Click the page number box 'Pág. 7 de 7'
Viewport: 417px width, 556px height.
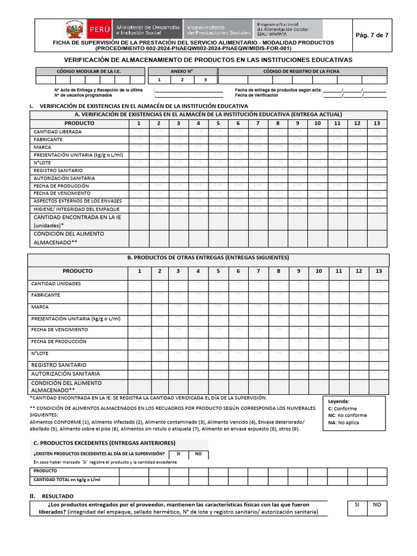tap(371, 35)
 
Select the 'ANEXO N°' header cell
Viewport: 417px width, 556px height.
tap(182, 71)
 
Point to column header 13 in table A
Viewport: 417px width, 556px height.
tap(377, 123)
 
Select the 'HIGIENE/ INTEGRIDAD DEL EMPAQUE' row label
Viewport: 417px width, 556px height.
tap(77, 209)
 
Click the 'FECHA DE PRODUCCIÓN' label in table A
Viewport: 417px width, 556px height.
tap(61, 186)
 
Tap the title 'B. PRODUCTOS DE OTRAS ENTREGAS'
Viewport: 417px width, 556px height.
tap(208, 257)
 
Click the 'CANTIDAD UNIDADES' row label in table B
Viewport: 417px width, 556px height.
tap(56, 284)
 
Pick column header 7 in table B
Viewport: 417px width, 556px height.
tap(258, 271)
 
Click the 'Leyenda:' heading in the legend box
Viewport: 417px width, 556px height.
tap(339, 401)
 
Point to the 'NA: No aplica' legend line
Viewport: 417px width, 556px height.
tap(344, 422)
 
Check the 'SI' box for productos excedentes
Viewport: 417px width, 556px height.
tap(178, 454)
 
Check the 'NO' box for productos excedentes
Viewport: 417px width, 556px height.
tap(198, 454)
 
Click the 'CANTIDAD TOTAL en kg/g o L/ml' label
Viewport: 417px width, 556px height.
tap(67, 480)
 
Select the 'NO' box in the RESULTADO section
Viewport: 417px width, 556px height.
tap(376, 505)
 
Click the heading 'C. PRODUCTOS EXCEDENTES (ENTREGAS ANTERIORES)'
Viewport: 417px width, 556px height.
tap(104, 443)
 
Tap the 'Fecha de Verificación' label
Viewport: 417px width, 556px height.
tap(257, 95)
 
